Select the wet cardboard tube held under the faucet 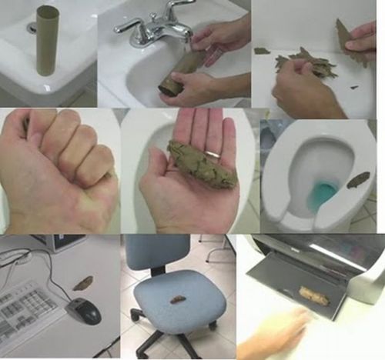coord(180,72)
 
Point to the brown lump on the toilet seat coord(358,180)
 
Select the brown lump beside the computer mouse coord(82,282)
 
